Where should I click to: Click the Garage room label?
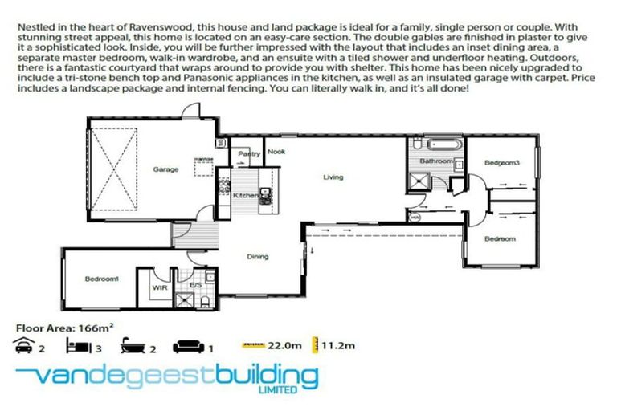point(165,169)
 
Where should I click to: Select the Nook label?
point(276,152)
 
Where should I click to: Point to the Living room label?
point(333,177)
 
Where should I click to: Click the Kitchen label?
point(246,195)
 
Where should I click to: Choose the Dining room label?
point(257,256)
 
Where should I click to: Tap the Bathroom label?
point(434,161)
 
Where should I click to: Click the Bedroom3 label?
point(502,164)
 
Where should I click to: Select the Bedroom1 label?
point(102,279)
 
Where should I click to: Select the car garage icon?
point(23,347)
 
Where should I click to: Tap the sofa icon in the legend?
point(189,347)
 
